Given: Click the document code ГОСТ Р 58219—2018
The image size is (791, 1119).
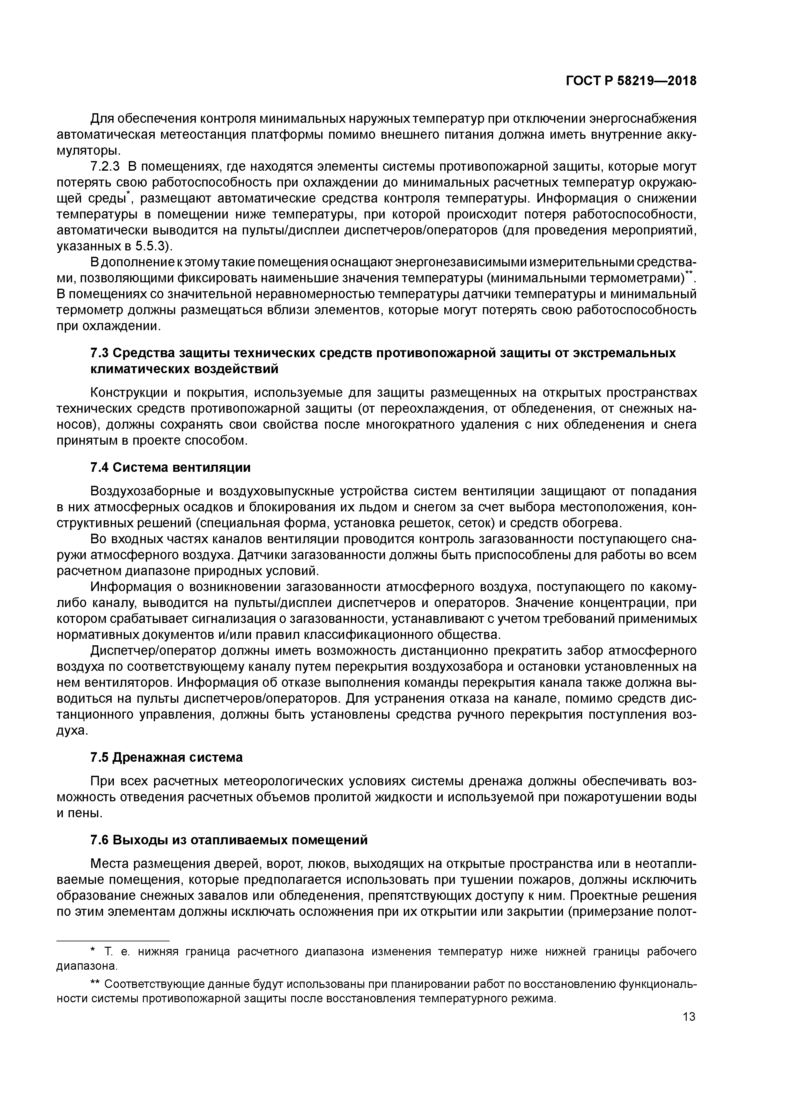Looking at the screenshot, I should pyautogui.click(x=631, y=81).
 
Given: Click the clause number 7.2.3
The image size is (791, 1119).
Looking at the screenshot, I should pyautogui.click(x=105, y=167).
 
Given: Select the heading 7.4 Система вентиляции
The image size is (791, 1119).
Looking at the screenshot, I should pyautogui.click(x=171, y=467).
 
